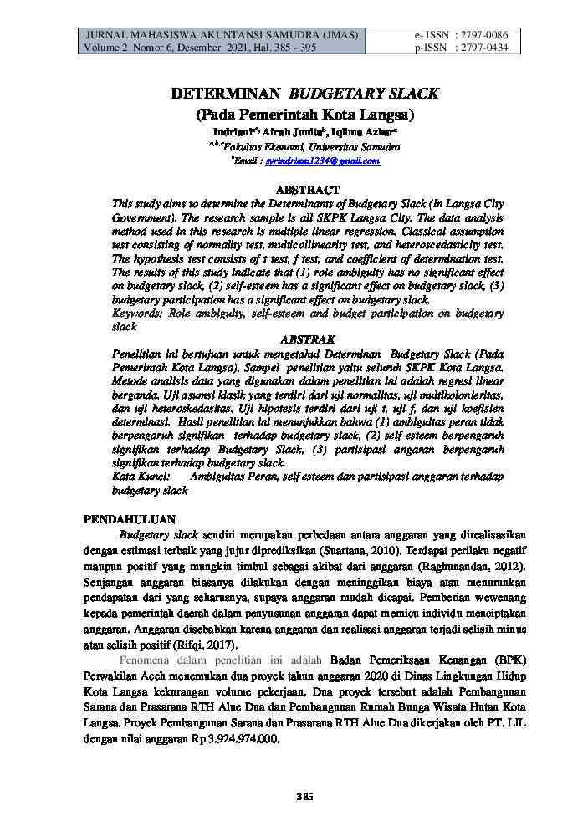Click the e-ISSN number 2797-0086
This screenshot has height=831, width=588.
[x=484, y=35]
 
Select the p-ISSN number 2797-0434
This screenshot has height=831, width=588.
[x=484, y=48]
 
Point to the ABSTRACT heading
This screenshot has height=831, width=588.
[x=307, y=191]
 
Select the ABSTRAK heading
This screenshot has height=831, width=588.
[x=307, y=339]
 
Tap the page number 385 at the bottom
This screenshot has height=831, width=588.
[x=304, y=797]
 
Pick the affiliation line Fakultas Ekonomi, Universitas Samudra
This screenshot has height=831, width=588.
[x=307, y=147]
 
